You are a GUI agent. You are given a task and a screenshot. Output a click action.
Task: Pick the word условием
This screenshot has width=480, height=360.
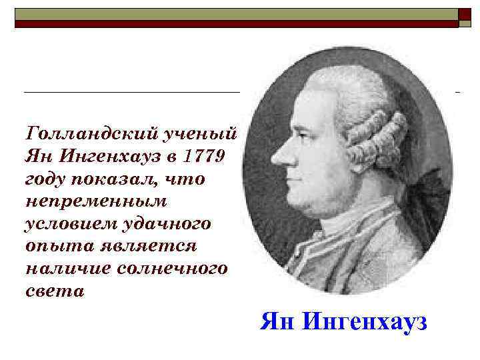pos(65,224)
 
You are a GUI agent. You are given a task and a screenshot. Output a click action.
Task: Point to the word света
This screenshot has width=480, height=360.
pos(54,291)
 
